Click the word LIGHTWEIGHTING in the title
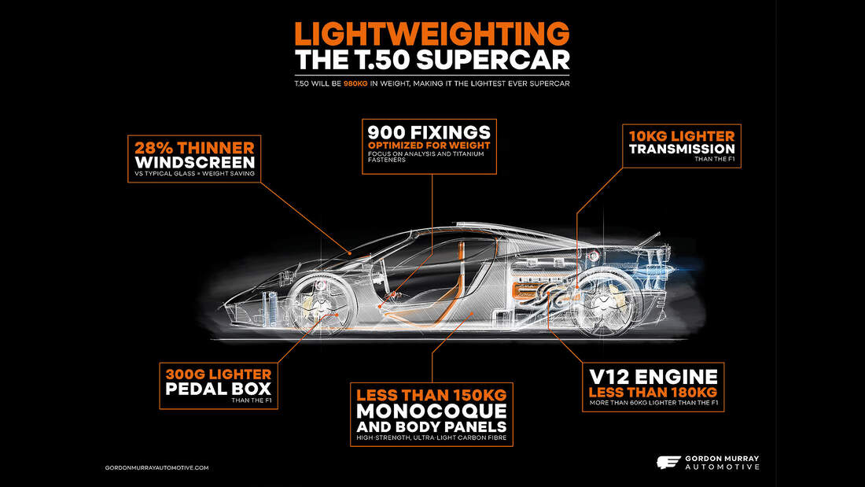[432, 34]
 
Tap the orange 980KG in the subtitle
[355, 84]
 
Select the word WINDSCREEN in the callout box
[195, 162]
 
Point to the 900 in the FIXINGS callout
[387, 132]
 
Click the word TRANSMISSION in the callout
[682, 149]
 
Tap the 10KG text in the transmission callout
[646, 136]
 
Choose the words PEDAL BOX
[219, 389]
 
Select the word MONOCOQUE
[432, 411]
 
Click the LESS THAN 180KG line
[653, 393]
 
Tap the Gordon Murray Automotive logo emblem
[668, 463]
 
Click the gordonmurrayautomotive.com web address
[156, 467]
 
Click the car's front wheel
[321, 304]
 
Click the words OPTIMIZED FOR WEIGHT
[429, 146]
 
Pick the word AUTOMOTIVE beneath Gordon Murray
[722, 467]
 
